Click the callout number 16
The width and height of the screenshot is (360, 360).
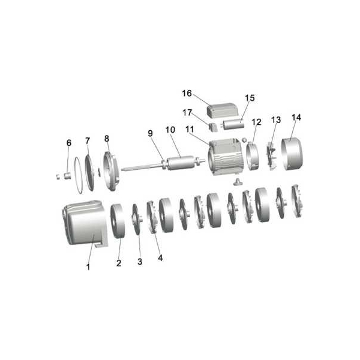[187, 94]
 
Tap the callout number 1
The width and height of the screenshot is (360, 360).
[88, 267]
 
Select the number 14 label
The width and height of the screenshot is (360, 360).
[296, 118]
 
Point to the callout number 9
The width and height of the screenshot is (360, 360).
[150, 133]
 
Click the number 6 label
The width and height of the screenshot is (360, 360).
[69, 143]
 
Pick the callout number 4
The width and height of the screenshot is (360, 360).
[160, 258]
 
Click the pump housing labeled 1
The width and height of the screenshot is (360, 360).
[85, 224]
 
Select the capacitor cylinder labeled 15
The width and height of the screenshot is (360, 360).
[233, 125]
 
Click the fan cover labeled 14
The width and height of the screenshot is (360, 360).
[292, 154]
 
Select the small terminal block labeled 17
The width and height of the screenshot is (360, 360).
[213, 127]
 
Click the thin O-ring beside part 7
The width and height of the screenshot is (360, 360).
[79, 175]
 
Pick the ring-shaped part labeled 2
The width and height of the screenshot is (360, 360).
[118, 221]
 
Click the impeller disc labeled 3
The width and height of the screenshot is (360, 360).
[137, 219]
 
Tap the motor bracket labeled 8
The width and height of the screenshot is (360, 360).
[111, 171]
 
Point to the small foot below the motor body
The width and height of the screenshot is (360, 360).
[237, 182]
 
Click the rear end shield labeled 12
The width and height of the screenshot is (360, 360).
[253, 156]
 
